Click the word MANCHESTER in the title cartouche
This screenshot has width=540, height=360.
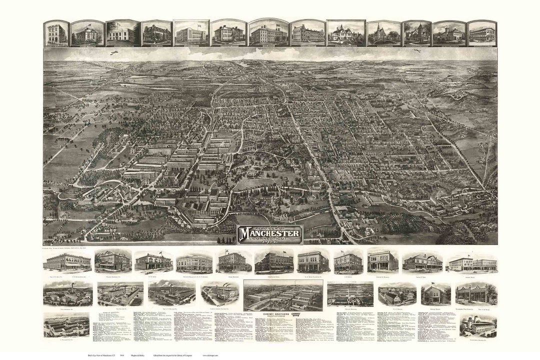click(270, 233)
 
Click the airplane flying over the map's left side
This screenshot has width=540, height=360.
click(114, 52)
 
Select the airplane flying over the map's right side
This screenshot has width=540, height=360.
click(417, 50)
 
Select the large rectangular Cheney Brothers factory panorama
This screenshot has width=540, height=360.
click(283, 295)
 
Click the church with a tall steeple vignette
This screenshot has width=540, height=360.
click(383, 33)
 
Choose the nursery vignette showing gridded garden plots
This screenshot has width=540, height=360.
click(350, 294)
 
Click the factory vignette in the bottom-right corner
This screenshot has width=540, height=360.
click(478, 325)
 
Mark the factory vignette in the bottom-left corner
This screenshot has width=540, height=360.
click(66, 324)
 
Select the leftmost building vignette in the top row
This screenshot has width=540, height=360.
click(56, 33)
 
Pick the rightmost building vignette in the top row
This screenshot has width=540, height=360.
click(482, 33)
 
